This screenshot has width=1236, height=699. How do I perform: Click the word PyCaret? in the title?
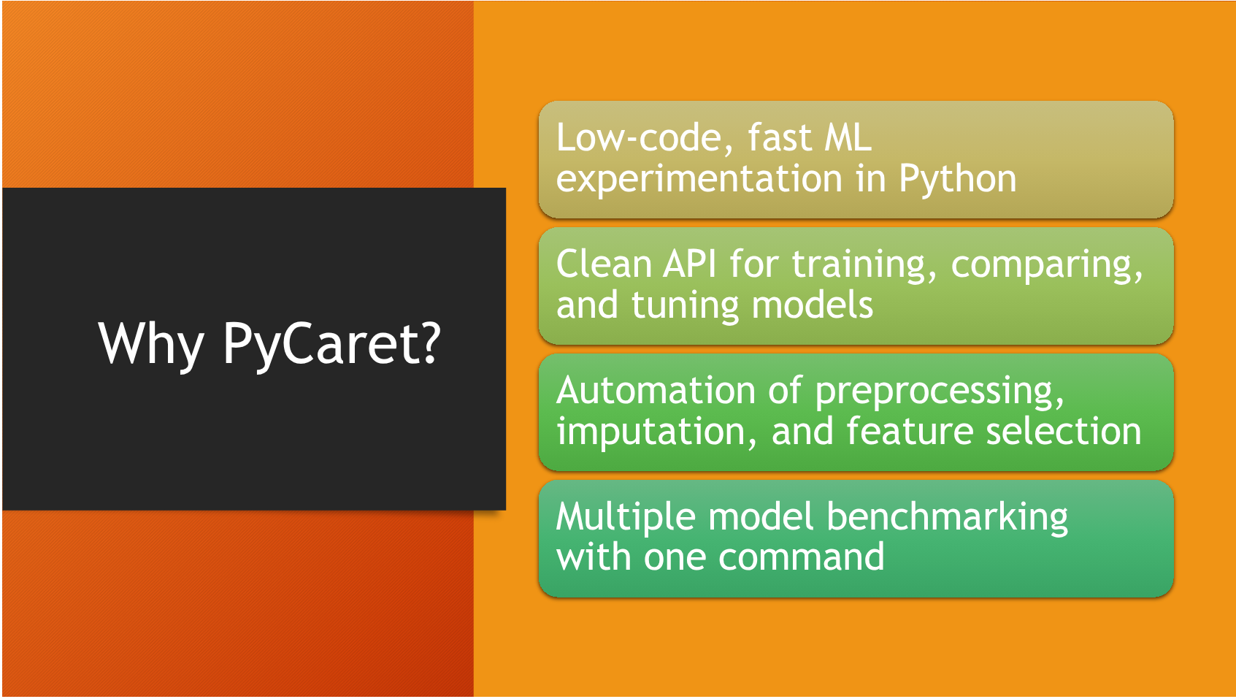331,344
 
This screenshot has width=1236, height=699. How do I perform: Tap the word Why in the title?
151,344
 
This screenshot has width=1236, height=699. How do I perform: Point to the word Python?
957,179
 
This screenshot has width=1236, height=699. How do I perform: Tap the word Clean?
604,264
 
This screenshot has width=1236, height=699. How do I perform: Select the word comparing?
1046,265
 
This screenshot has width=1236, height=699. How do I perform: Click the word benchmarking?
947,518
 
